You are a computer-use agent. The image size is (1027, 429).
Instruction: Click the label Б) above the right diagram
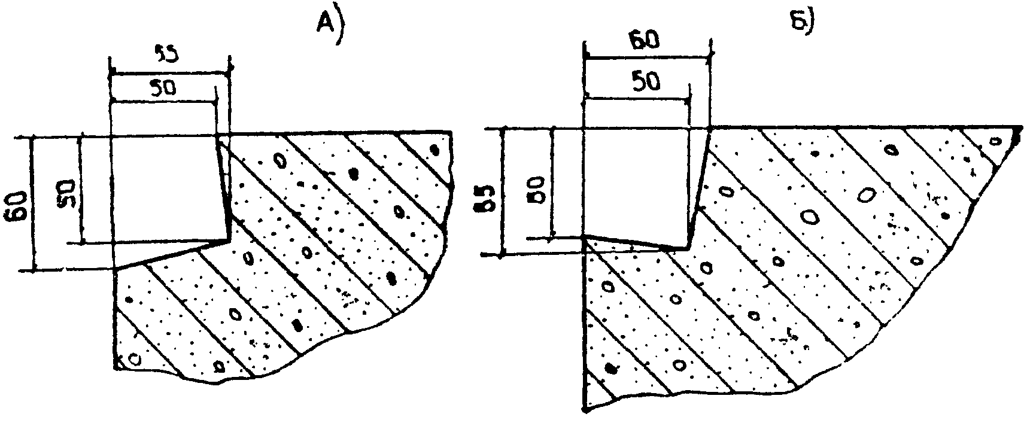(798, 24)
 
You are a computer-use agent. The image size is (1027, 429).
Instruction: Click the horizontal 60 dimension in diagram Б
(645, 41)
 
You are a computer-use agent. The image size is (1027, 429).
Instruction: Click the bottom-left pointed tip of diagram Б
(586, 410)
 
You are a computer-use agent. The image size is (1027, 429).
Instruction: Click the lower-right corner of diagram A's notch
(229, 241)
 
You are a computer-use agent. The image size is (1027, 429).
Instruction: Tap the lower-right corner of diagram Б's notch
(687, 247)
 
